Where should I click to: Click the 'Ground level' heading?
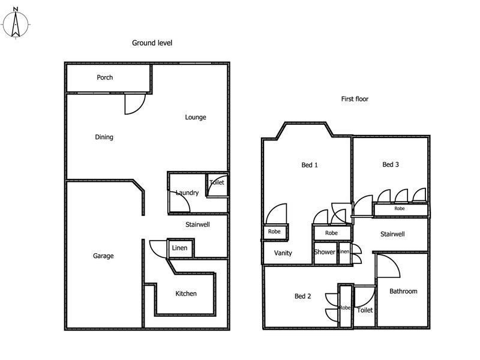click(x=152, y=43)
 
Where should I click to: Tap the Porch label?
click(x=105, y=77)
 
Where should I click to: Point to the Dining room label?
click(x=104, y=137)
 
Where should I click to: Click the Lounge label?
click(x=195, y=117)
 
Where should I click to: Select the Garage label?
click(x=103, y=256)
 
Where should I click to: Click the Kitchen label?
click(x=185, y=293)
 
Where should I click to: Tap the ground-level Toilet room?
click(x=217, y=183)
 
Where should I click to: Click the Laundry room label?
click(x=187, y=193)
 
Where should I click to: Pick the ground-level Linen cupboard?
click(x=179, y=248)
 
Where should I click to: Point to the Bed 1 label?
click(x=309, y=165)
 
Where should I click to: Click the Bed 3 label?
click(x=391, y=164)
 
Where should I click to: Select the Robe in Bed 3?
click(x=399, y=208)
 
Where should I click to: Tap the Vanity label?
click(x=283, y=253)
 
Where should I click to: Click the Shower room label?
click(x=325, y=252)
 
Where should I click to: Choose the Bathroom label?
click(x=403, y=291)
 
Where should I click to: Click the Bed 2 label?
click(x=302, y=296)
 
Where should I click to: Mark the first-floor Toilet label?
click(x=365, y=310)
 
